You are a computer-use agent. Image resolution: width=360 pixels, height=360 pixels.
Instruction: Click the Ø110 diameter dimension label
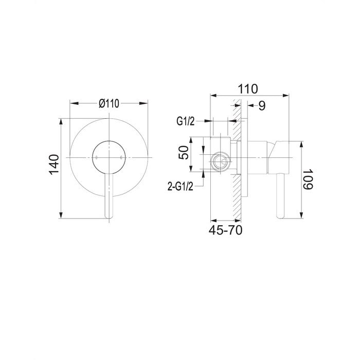point(109,103)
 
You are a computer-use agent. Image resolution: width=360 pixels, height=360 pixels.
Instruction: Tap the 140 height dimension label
point(54,165)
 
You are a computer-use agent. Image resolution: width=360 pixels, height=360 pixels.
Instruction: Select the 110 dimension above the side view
point(248,88)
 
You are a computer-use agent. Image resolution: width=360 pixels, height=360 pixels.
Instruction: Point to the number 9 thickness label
point(262,105)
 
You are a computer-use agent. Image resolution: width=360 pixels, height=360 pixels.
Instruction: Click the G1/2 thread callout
point(186,121)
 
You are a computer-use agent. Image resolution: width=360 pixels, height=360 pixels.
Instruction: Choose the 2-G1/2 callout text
point(181,187)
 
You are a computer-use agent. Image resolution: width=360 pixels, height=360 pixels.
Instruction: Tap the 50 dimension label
point(184,153)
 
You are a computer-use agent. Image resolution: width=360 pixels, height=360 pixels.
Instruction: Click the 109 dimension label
point(308,179)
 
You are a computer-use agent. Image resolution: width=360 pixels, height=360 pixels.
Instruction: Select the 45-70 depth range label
point(225,230)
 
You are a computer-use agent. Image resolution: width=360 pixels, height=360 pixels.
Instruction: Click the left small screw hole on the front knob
point(96,157)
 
